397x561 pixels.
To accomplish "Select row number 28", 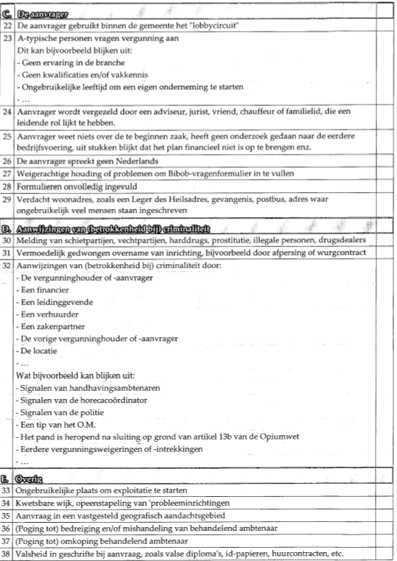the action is click(8, 186).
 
